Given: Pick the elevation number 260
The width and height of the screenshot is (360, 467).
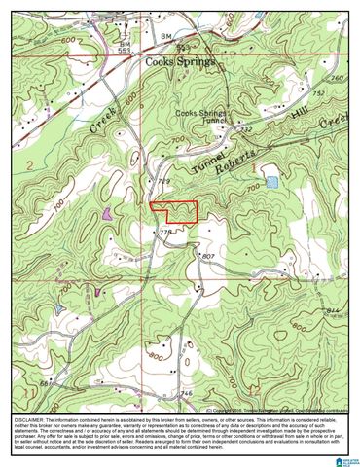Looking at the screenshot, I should tap(337, 78).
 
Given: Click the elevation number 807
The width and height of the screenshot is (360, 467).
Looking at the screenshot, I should tap(207, 255).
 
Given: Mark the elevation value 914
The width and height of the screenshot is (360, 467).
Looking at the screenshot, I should tap(334, 309).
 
